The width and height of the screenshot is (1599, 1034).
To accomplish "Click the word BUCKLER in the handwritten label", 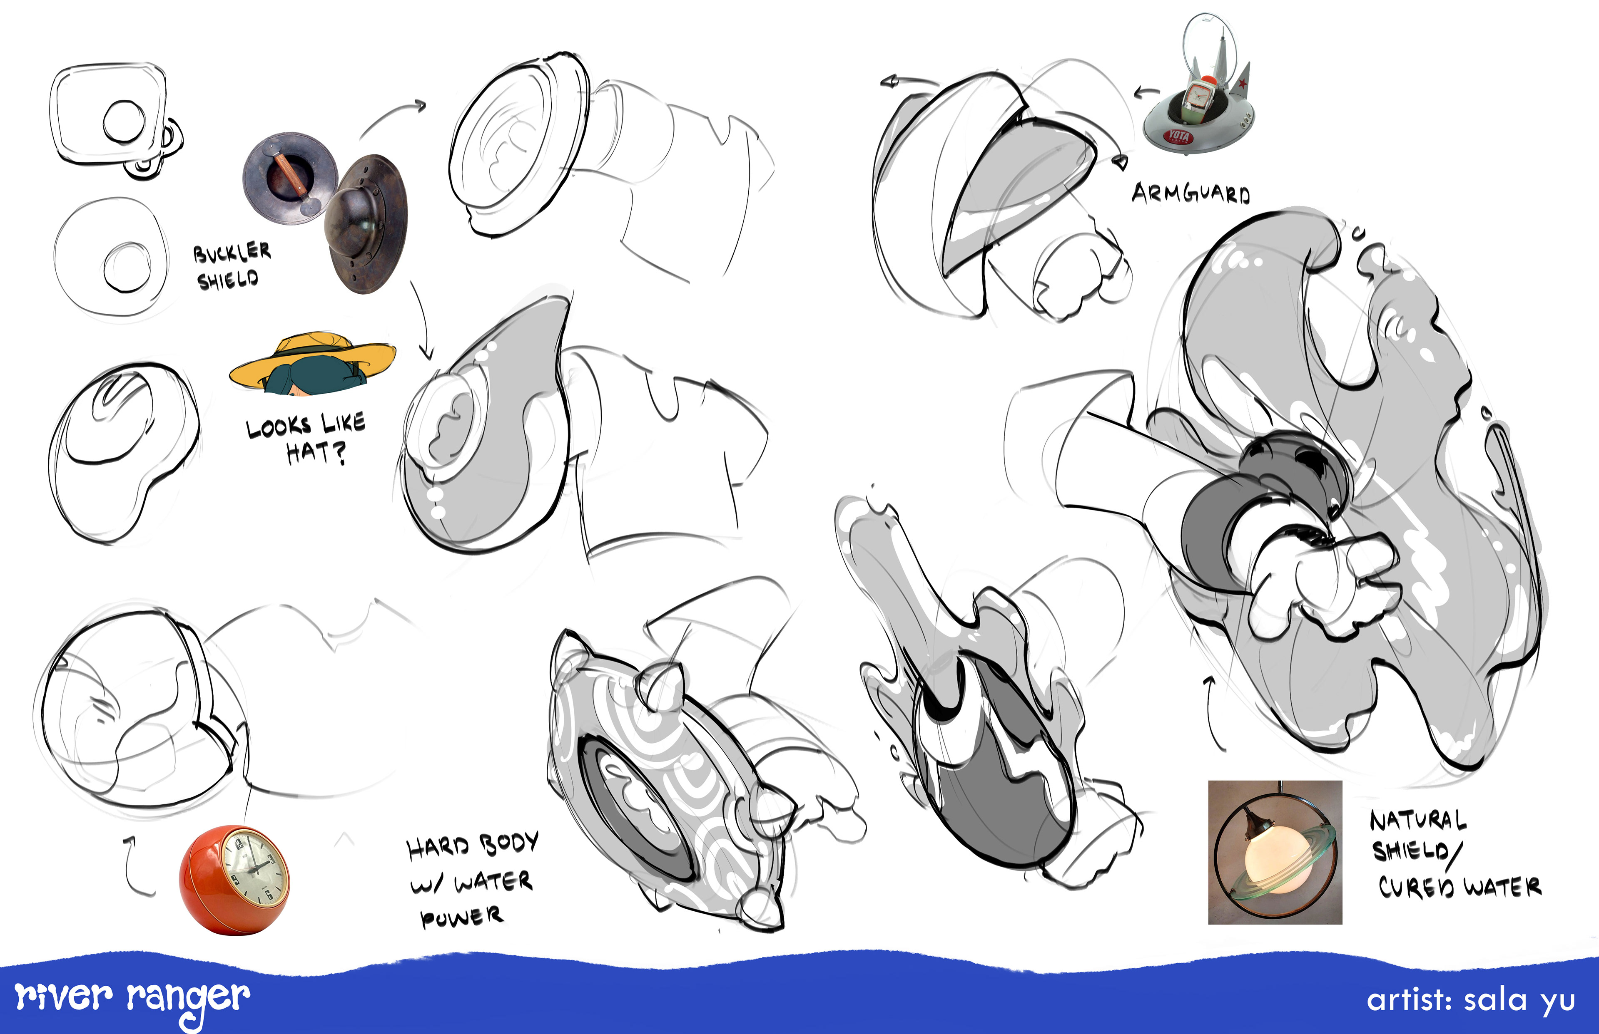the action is tap(232, 252).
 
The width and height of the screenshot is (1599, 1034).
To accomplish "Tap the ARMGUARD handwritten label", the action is tap(1191, 193).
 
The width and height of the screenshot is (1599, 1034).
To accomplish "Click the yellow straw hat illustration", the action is tap(312, 362).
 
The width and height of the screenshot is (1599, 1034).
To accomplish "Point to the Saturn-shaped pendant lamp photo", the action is tap(1275, 852).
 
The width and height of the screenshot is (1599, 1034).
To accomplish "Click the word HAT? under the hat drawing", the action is tap(316, 453).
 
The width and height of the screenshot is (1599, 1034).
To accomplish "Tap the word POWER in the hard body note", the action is tap(461, 917).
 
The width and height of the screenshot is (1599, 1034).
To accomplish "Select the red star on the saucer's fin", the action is tap(1243, 84).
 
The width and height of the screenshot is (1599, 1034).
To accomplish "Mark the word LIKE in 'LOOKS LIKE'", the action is tap(343, 423).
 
